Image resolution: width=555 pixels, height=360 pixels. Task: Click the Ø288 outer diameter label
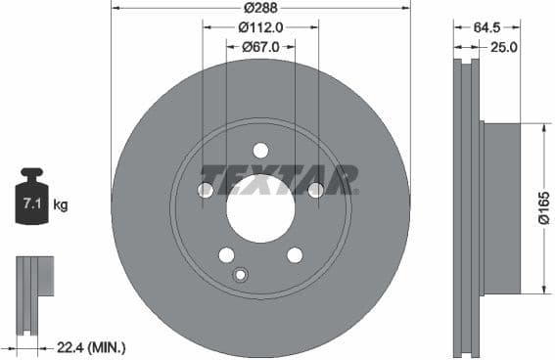click(260, 9)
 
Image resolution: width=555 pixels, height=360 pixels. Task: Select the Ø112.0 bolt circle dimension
click(260, 28)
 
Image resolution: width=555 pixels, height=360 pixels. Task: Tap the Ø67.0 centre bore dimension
click(260, 46)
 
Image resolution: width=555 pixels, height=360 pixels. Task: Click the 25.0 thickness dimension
click(503, 46)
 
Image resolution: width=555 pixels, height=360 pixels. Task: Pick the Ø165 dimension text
click(544, 207)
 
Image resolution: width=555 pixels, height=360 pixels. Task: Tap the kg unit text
click(61, 205)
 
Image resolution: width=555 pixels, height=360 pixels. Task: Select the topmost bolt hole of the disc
click(260, 150)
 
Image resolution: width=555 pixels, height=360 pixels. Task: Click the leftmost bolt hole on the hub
click(206, 190)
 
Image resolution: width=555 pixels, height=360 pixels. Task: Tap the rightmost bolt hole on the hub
click(315, 190)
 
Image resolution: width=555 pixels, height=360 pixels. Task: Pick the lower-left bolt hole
click(226, 254)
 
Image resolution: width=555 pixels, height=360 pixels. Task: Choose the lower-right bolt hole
click(295, 254)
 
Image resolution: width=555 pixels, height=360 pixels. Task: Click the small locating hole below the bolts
click(240, 274)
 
